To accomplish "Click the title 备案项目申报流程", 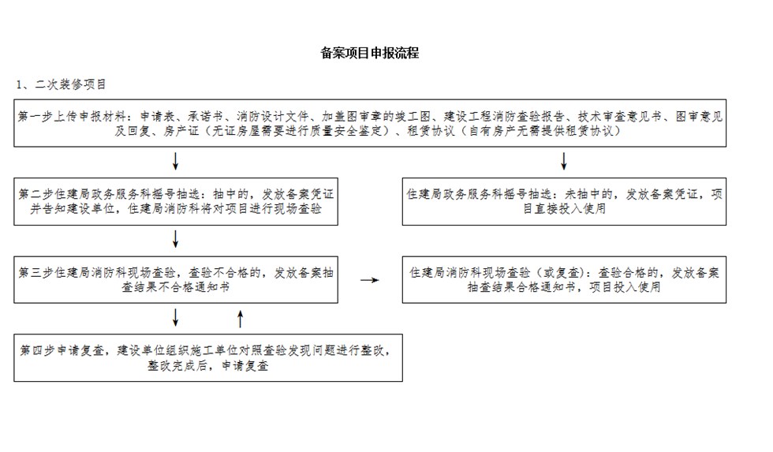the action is (x=370, y=53).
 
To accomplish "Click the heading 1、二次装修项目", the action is (x=62, y=84).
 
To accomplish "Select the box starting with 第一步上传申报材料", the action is (x=370, y=123).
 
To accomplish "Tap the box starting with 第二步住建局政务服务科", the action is (x=176, y=202).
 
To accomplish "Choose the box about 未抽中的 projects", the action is (x=564, y=202).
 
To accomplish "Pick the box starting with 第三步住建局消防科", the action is (x=176, y=279).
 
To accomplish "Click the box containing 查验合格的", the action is (x=564, y=279).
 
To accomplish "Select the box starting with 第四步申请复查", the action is (x=208, y=358).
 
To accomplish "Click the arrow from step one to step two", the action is (x=175, y=161).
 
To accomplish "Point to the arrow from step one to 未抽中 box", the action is (x=564, y=161).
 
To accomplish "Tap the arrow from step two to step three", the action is (x=175, y=239).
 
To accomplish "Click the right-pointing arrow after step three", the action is (x=370, y=280).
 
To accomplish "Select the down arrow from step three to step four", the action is (x=175, y=318).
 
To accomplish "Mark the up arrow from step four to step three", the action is (x=241, y=319).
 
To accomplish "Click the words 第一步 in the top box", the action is (x=35, y=116).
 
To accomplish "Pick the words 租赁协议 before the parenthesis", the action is (x=431, y=131).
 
